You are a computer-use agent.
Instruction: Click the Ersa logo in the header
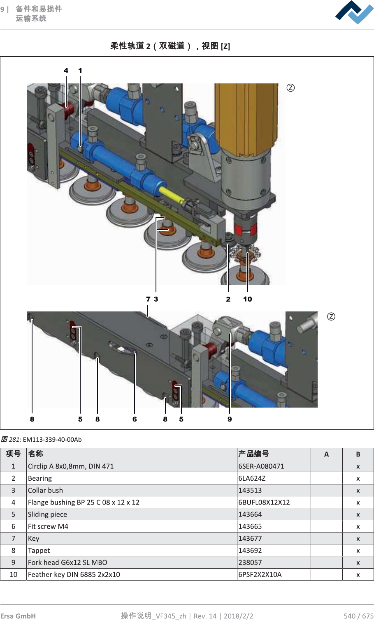pyautogui.click(x=354, y=13)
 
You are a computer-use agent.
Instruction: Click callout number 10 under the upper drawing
pyautogui.click(x=247, y=299)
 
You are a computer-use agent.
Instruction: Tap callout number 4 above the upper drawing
pyautogui.click(x=66, y=70)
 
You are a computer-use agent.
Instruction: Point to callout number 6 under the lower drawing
pyautogui.click(x=135, y=419)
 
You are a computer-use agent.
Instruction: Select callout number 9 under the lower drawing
pyautogui.click(x=230, y=419)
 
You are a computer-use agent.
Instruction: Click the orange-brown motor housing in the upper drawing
pyautogui.click(x=246, y=115)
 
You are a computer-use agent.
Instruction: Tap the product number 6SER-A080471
pyautogui.click(x=261, y=466)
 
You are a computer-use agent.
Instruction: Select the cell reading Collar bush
pyautogui.click(x=46, y=490)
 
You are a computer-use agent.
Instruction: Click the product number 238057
pyautogui.click(x=250, y=562)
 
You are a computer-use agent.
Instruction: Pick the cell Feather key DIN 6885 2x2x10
pyautogui.click(x=74, y=574)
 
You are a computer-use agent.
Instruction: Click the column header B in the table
pyautogui.click(x=358, y=454)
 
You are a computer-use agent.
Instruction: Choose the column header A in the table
pyautogui.click(x=326, y=454)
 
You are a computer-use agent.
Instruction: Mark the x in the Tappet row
pyautogui.click(x=358, y=551)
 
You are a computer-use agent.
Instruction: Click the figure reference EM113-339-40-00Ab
pyautogui.click(x=52, y=440)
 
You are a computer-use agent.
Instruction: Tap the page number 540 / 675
pyautogui.click(x=358, y=615)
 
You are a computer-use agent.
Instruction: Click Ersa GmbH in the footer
pyautogui.click(x=18, y=615)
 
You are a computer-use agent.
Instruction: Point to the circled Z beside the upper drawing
pyautogui.click(x=290, y=88)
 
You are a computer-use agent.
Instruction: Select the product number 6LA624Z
pyautogui.click(x=252, y=478)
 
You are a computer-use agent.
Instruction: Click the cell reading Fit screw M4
pyautogui.click(x=48, y=526)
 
